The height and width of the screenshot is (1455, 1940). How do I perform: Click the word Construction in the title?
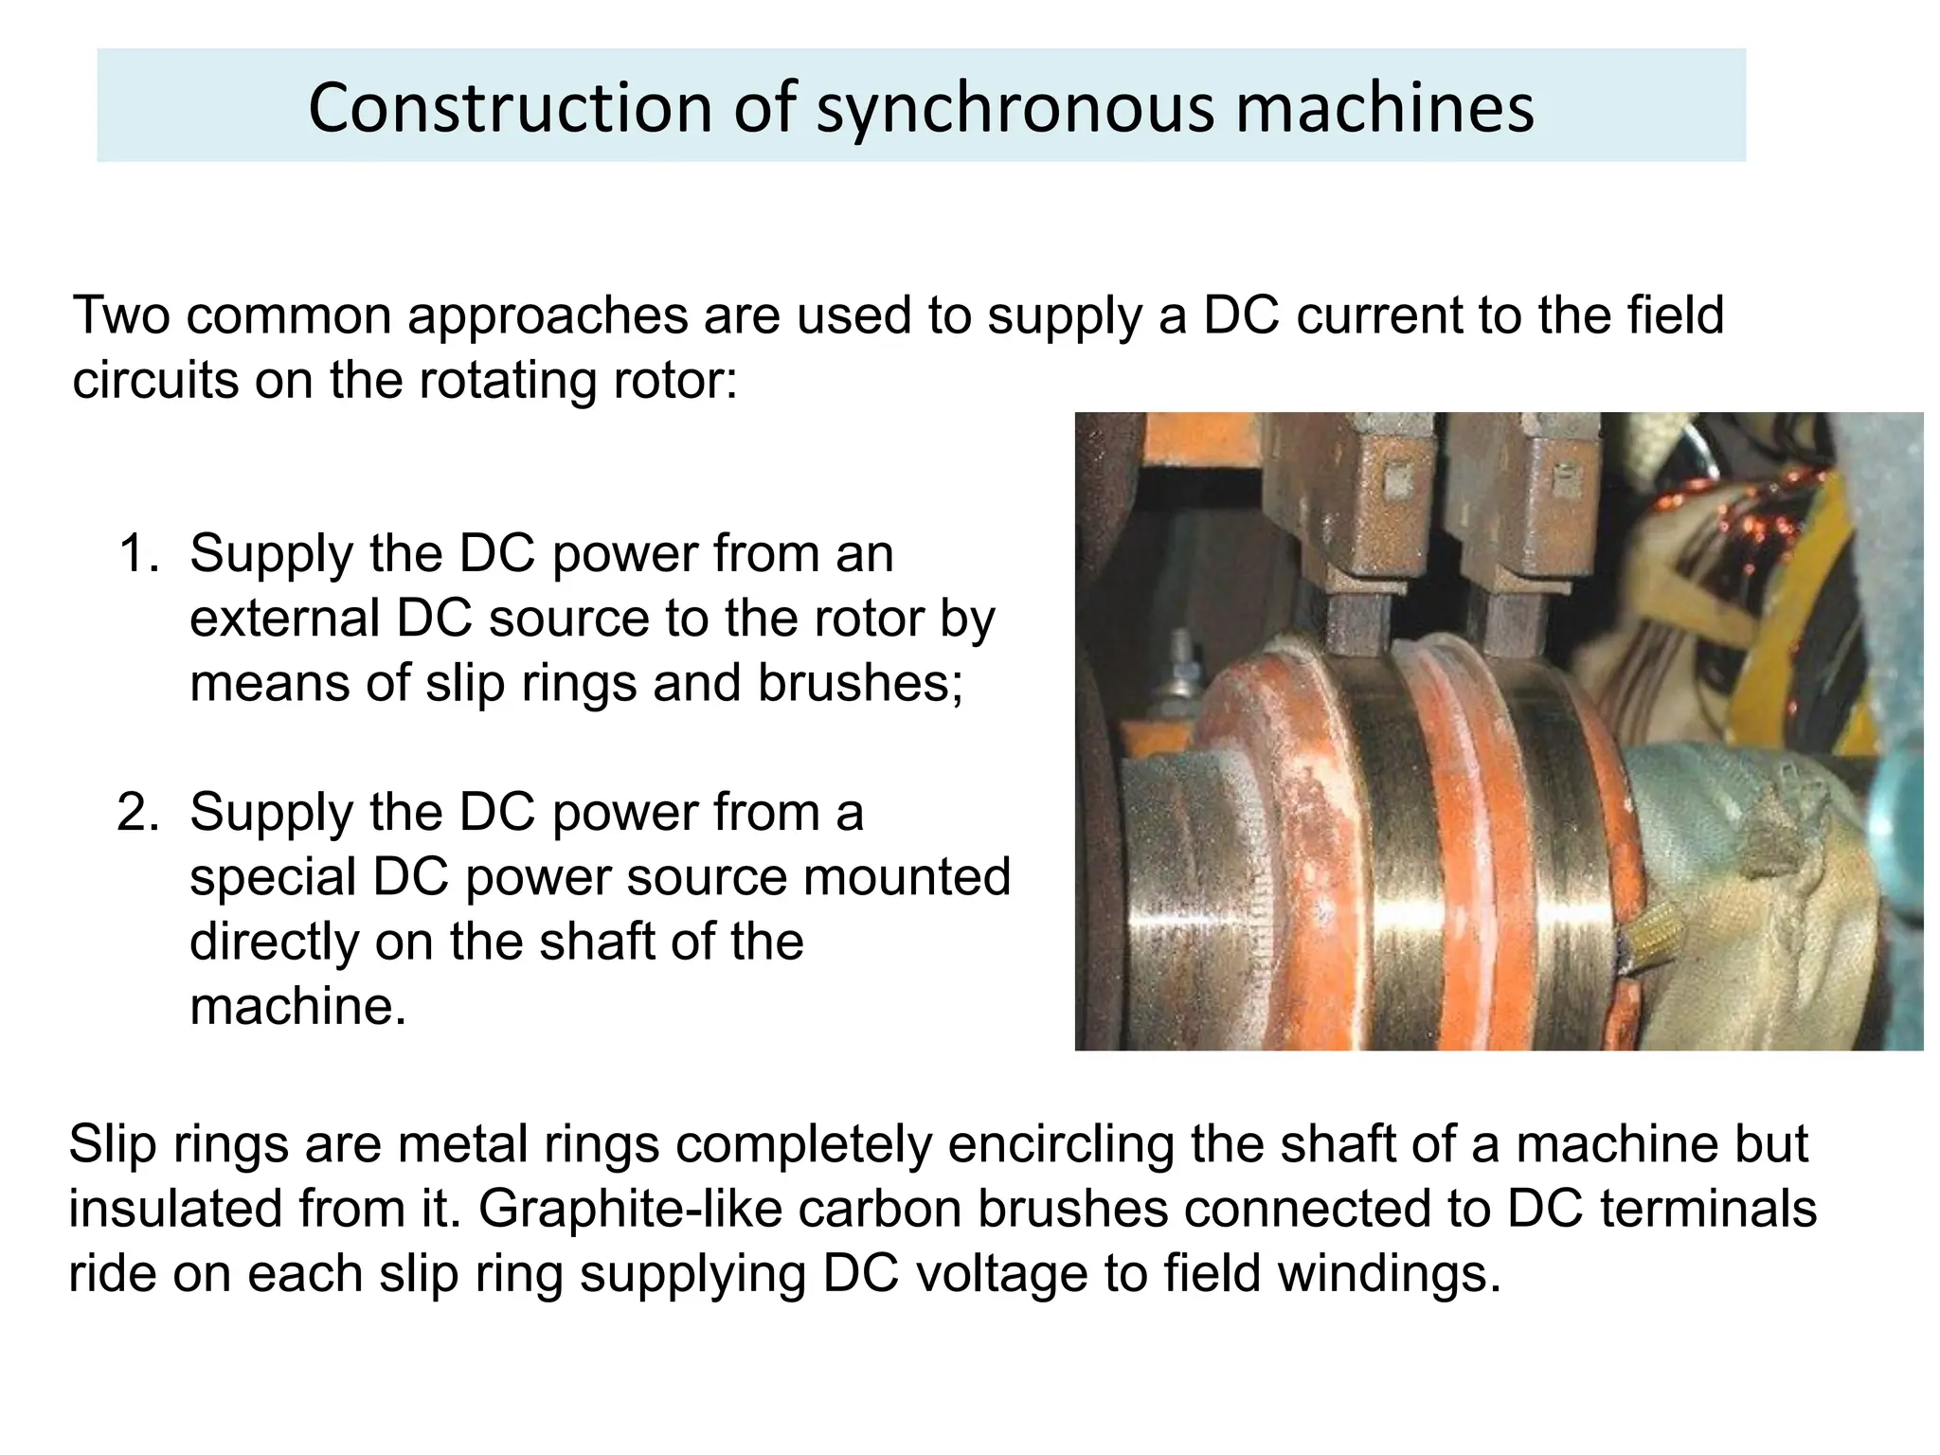(509, 107)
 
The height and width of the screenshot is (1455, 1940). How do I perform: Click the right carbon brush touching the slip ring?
(1508, 625)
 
